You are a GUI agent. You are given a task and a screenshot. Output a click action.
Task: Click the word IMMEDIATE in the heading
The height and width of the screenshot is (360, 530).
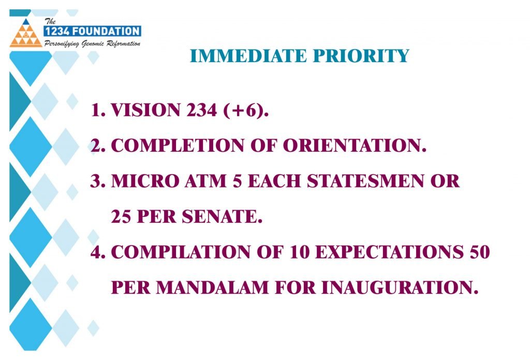click(248, 56)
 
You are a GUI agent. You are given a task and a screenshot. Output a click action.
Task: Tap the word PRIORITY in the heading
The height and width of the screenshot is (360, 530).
click(361, 56)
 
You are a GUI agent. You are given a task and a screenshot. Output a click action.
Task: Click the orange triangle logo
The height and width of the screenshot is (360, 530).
click(26, 33)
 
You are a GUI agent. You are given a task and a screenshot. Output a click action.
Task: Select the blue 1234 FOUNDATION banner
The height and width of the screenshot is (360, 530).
click(92, 31)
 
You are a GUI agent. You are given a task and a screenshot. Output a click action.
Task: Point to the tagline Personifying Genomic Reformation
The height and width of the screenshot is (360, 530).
click(92, 44)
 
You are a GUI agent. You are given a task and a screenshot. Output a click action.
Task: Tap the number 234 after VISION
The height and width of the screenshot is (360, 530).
click(201, 110)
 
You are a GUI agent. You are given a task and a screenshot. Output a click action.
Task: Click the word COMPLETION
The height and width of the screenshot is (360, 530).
click(178, 146)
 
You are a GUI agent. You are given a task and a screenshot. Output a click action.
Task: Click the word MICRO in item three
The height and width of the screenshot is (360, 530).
click(145, 181)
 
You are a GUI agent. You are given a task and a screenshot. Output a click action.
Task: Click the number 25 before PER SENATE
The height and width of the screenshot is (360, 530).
click(121, 217)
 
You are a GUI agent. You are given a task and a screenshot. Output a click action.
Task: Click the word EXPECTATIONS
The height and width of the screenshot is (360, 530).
click(389, 252)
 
